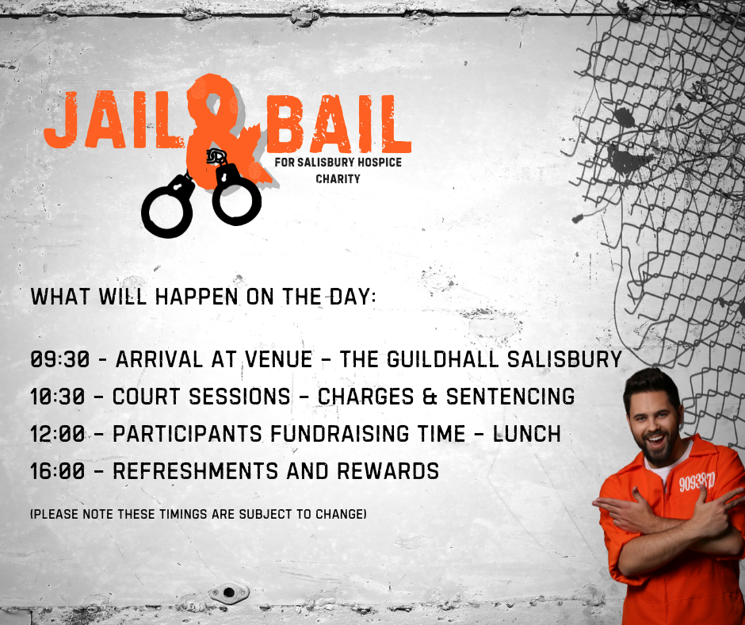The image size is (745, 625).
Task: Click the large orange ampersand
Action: (223, 133)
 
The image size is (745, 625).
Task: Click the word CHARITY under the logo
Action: (338, 178)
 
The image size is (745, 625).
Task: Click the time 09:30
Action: (60, 359)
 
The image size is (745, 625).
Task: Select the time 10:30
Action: (58, 397)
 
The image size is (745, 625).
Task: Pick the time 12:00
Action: (58, 434)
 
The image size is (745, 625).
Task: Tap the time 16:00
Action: (58, 471)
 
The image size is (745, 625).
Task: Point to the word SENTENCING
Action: (510, 397)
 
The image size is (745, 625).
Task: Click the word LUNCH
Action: (527, 434)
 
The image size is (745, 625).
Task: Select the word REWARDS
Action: (388, 471)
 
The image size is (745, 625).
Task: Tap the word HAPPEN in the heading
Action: (197, 297)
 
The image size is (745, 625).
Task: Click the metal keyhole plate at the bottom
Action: (229, 592)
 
